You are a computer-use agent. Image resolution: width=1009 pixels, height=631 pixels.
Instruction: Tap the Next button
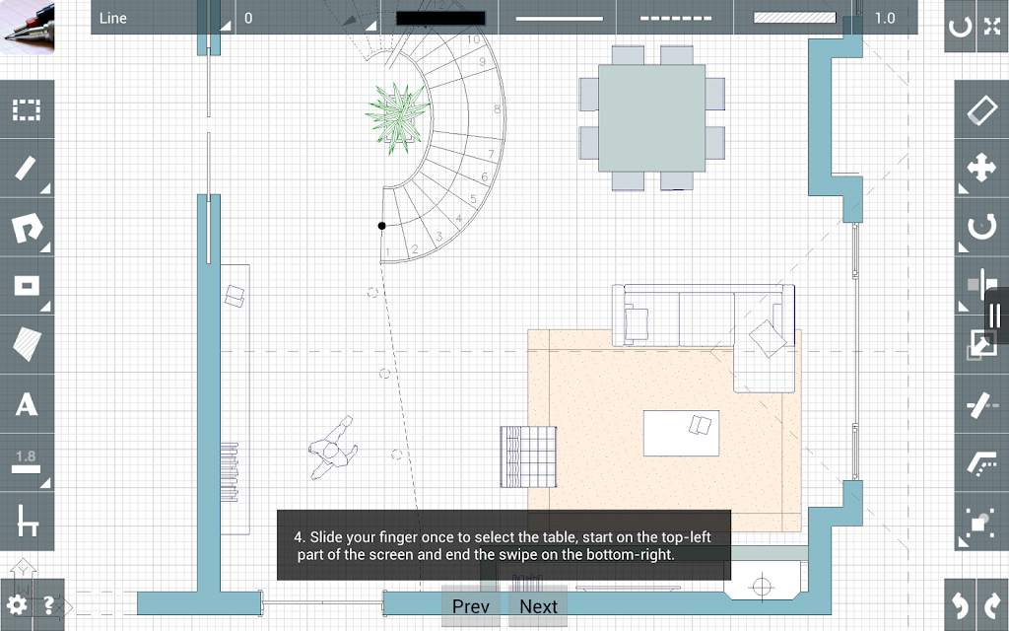tap(538, 606)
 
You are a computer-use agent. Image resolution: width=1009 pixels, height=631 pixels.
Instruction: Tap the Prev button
tap(470, 606)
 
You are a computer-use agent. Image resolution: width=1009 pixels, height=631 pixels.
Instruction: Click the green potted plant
tap(398, 118)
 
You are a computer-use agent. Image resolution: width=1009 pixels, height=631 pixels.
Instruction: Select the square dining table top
tap(651, 118)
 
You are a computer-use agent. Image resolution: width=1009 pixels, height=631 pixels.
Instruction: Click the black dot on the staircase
tap(381, 226)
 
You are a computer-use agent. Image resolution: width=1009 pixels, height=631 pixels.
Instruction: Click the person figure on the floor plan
tap(333, 448)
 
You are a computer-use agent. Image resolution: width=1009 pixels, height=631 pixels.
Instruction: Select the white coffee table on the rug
tap(682, 434)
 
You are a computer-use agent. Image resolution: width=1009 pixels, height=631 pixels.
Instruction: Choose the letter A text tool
tap(27, 404)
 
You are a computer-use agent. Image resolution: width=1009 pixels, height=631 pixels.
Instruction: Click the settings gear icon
tap(16, 605)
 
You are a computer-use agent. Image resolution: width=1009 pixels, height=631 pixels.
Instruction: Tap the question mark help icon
tap(48, 605)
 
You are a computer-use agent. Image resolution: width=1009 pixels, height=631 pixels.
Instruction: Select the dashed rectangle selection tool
tap(27, 110)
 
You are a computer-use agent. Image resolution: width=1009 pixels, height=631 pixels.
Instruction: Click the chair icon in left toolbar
tap(27, 521)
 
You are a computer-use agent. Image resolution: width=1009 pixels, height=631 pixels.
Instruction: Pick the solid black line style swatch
tap(440, 18)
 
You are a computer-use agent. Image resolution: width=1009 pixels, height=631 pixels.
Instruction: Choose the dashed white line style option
tap(676, 18)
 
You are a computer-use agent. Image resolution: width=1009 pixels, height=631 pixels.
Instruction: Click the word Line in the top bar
tap(112, 18)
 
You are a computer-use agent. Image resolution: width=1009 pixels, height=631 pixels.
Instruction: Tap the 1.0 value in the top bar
tap(885, 18)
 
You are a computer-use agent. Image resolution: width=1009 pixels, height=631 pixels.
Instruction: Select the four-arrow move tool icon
tap(982, 168)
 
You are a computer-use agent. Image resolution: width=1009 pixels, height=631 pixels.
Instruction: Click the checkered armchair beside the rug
tap(528, 456)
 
